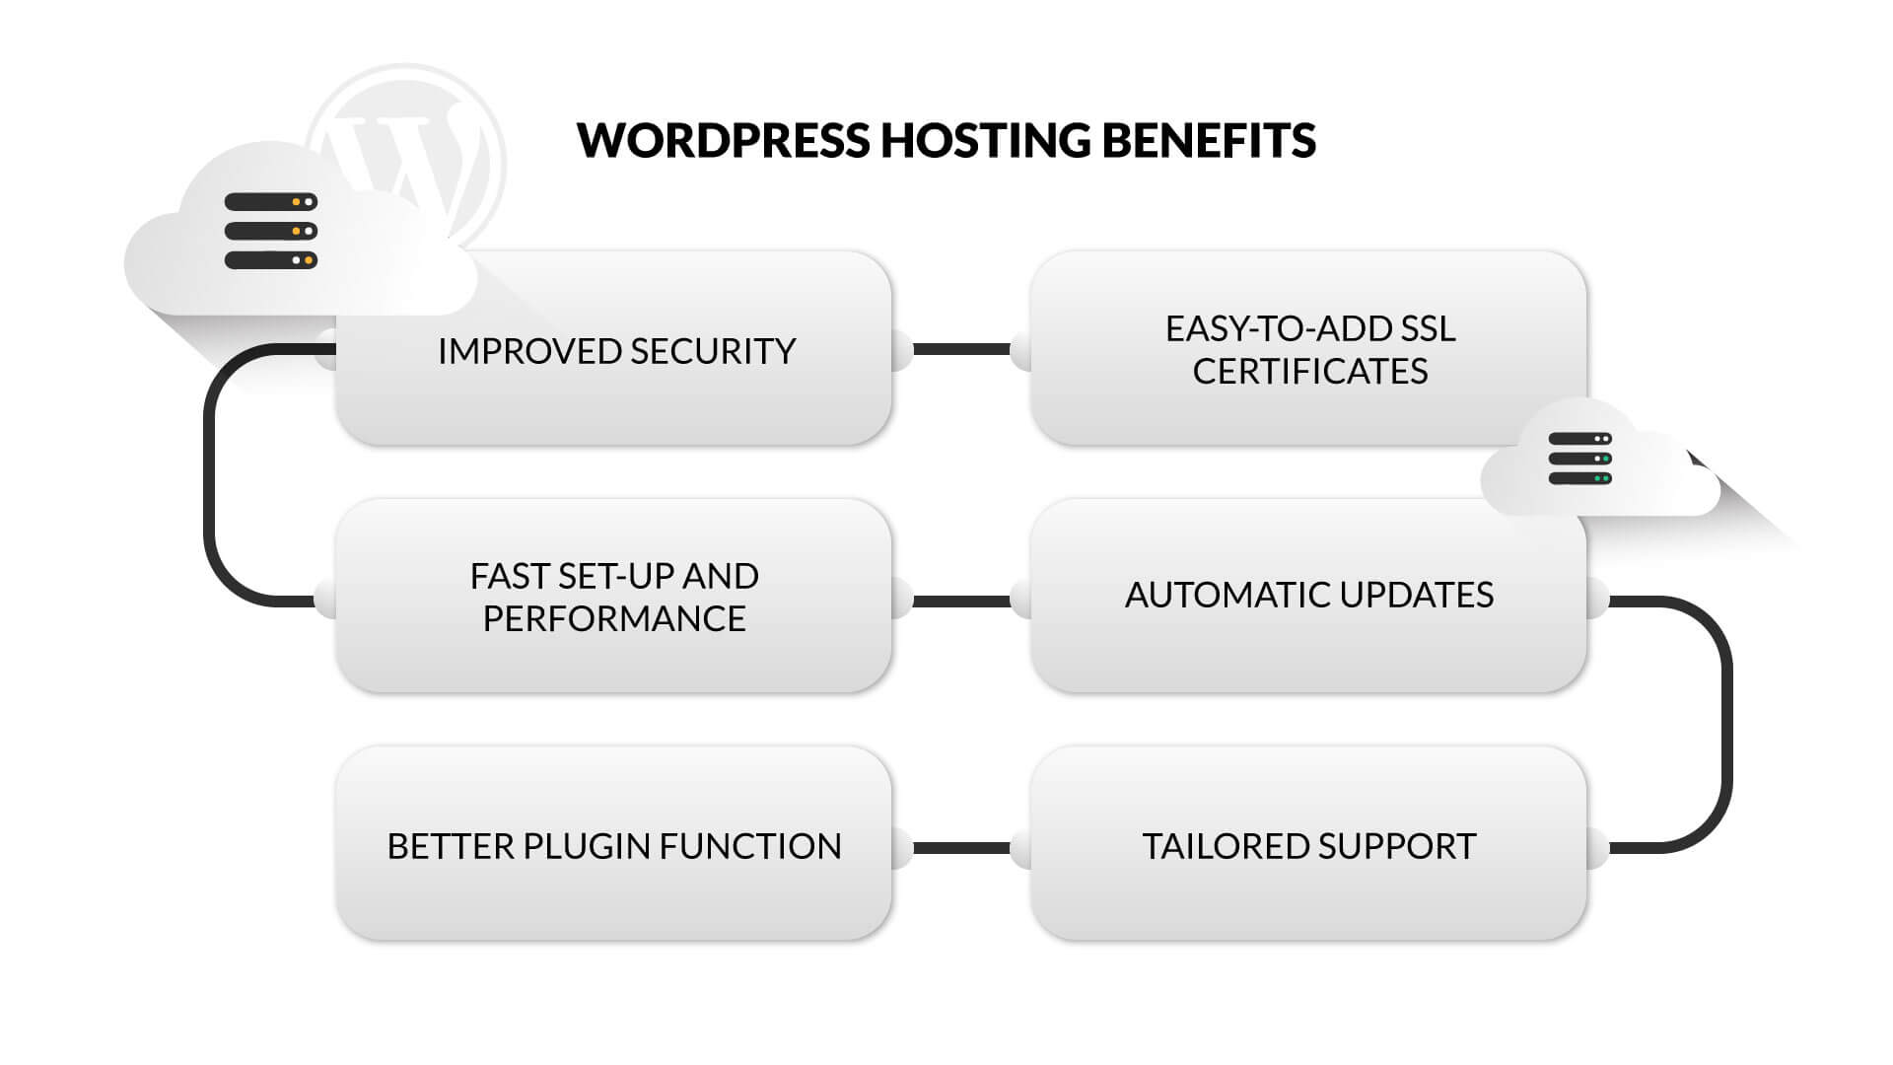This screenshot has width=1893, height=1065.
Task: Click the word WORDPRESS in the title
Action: click(723, 140)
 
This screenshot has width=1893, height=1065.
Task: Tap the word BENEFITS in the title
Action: click(1208, 140)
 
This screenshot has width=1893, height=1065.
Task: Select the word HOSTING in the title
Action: click(985, 140)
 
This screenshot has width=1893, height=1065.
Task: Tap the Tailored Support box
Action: click(1307, 887)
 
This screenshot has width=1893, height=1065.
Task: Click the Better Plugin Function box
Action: click(613, 887)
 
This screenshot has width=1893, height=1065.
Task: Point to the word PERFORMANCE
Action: click(613, 618)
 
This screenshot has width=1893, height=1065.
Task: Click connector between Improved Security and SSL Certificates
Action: click(961, 349)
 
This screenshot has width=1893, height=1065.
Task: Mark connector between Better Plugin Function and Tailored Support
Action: click(961, 848)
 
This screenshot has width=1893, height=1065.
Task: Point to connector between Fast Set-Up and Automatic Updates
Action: click(961, 601)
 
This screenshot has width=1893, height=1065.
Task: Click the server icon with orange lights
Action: click(270, 231)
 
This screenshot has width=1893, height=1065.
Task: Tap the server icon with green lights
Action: click(1579, 459)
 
